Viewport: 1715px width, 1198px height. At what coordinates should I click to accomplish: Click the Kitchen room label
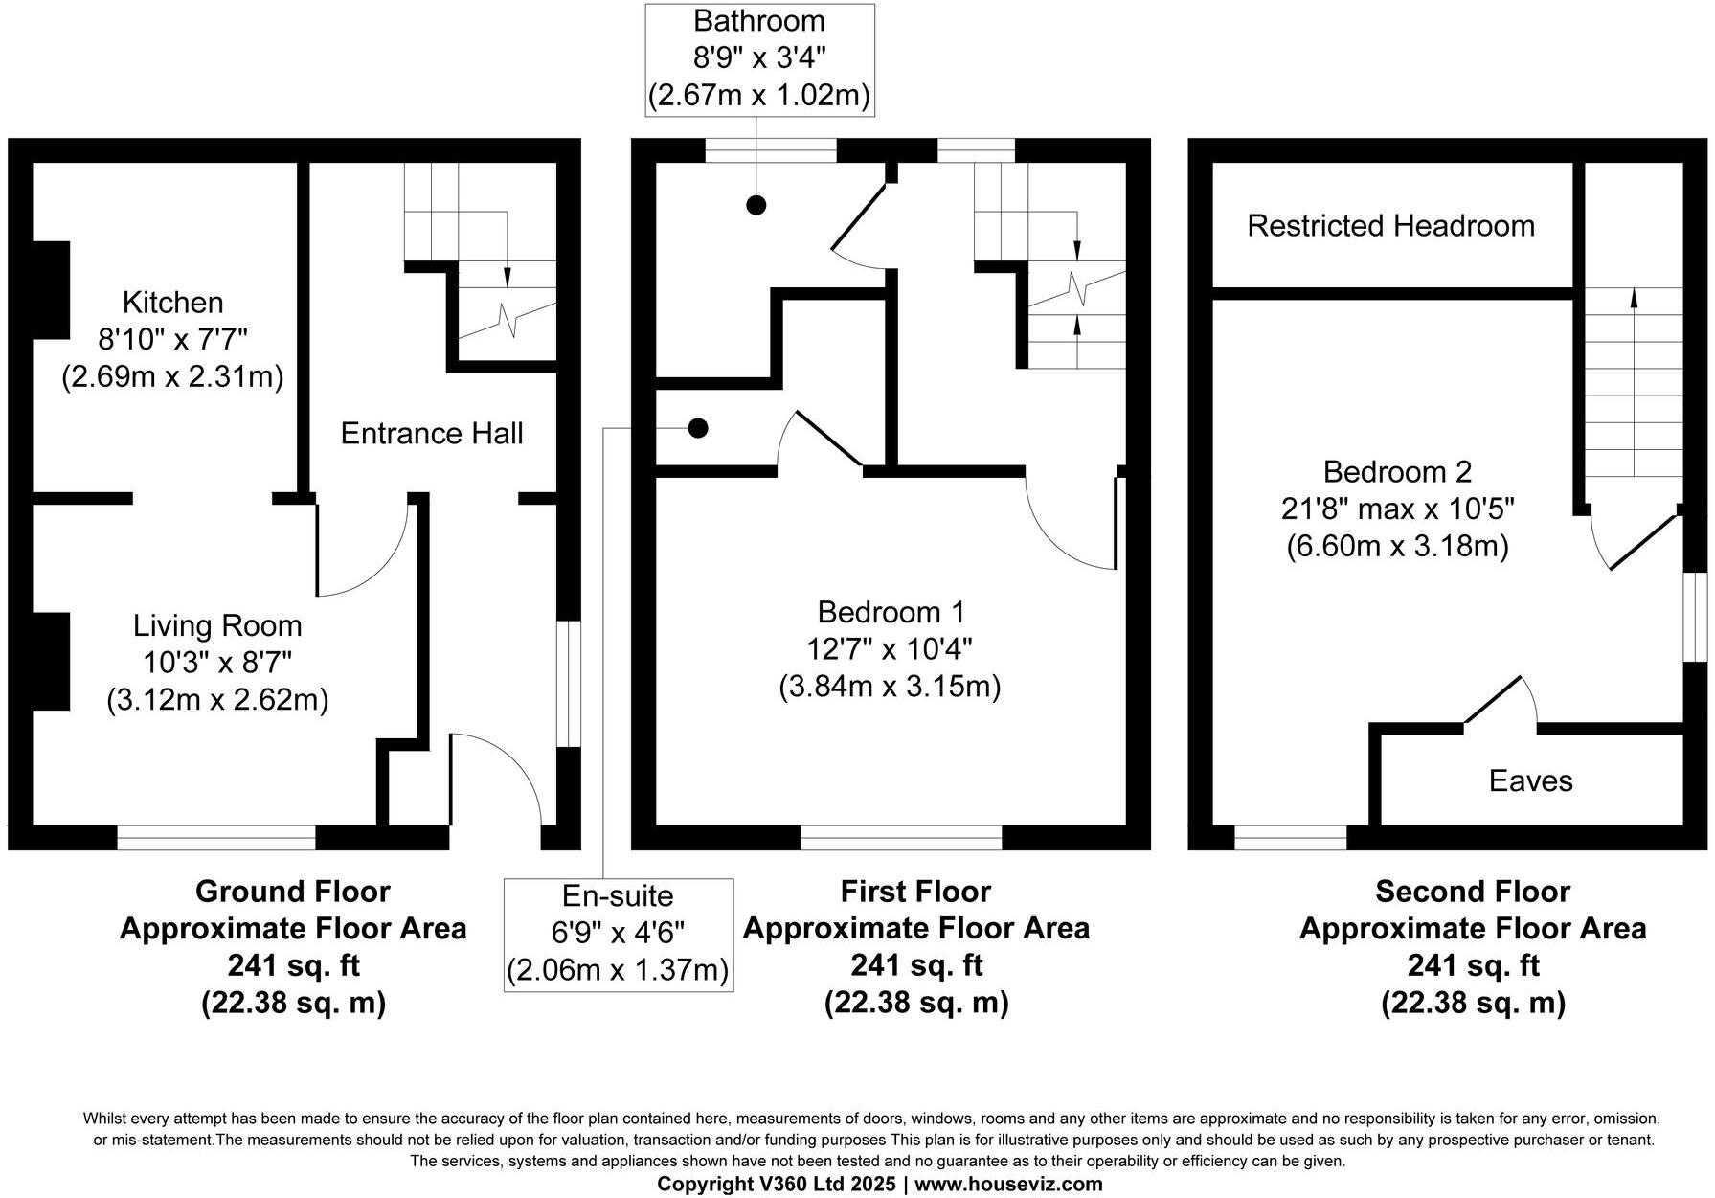point(172,303)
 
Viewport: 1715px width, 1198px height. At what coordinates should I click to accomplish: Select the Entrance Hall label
point(432,434)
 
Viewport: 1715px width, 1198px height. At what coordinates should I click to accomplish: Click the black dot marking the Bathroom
point(756,204)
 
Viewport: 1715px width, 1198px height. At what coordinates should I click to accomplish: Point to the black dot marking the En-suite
point(699,428)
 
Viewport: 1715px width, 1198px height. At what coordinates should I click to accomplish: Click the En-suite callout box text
point(618,934)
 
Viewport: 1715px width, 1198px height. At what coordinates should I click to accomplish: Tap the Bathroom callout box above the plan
point(758,59)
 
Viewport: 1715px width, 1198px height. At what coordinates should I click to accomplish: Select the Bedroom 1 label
point(891,612)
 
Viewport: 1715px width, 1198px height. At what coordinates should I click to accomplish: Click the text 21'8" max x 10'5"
point(1397,509)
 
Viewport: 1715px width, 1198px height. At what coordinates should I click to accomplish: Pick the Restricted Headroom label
point(1390,226)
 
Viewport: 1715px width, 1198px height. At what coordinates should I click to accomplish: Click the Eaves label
point(1530,781)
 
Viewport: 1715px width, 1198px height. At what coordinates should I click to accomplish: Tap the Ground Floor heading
point(292,892)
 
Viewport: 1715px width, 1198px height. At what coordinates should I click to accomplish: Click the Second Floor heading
point(1472,892)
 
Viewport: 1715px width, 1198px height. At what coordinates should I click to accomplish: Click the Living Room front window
point(216,838)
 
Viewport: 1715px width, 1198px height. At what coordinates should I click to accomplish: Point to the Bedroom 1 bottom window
point(901,838)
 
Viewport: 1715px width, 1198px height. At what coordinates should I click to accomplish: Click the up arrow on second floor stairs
point(1634,299)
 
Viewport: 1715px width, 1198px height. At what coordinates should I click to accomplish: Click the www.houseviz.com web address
point(1008,1185)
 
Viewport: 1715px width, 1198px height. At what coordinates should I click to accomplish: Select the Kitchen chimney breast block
point(51,289)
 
